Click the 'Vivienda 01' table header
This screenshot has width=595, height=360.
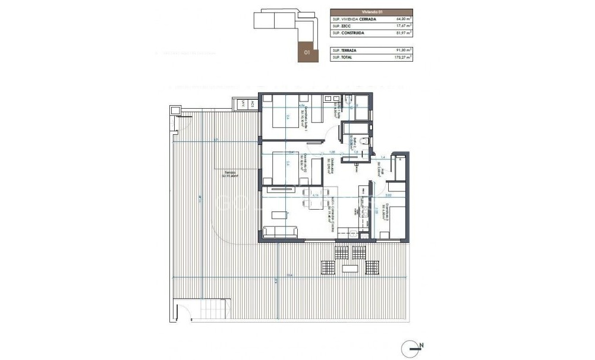click(x=372, y=11)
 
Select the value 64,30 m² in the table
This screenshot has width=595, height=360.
click(x=404, y=19)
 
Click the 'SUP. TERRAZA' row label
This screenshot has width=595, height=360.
click(x=344, y=50)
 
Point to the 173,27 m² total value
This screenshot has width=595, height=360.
click(x=402, y=57)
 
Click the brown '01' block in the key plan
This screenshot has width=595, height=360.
click(x=307, y=52)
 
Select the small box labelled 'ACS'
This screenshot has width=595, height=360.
click(x=252, y=105)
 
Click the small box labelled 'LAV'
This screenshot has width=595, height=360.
click(x=242, y=105)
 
